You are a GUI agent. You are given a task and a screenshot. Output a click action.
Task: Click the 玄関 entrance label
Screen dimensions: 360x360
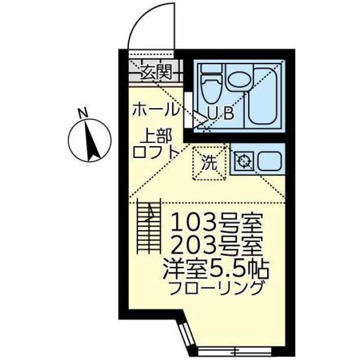(x=156, y=71)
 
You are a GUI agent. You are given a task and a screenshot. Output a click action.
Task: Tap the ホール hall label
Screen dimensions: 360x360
(x=155, y=109)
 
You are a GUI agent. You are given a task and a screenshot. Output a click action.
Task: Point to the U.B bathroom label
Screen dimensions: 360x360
(x=220, y=113)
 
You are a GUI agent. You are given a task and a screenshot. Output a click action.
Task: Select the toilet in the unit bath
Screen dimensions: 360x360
(x=210, y=83)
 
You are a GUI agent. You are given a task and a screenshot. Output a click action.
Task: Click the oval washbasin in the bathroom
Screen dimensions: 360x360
(x=239, y=80)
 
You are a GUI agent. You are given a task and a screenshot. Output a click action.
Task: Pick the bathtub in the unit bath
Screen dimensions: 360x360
(x=264, y=94)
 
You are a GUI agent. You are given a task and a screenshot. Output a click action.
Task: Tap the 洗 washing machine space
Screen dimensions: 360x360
(x=209, y=163)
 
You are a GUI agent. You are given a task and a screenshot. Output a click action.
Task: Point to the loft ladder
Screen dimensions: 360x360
(x=149, y=226)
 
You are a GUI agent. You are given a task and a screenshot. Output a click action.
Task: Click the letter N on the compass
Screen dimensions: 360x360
(x=83, y=112)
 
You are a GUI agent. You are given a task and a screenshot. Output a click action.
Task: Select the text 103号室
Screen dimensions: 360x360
(x=217, y=223)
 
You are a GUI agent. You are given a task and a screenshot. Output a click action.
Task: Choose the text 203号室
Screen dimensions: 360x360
(x=217, y=246)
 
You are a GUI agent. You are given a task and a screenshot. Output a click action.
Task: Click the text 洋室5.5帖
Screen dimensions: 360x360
(x=216, y=271)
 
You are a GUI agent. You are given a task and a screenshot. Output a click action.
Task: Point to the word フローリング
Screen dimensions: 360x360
(x=216, y=288)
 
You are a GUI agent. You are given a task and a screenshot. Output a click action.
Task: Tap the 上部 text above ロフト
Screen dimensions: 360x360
(x=157, y=136)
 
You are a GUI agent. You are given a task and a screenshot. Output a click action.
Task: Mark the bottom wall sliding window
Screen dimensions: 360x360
(x=235, y=350)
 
